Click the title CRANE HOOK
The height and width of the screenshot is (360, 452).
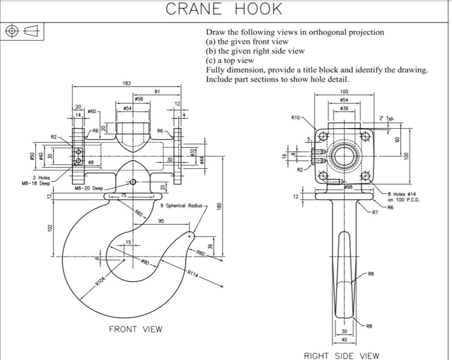pos(224,9)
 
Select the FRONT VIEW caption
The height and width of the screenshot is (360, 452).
pos(136,329)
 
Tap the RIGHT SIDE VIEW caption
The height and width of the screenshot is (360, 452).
pos(341,356)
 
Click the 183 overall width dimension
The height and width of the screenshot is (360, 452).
pos(127,83)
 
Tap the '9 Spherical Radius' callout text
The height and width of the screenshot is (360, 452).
pos(181,206)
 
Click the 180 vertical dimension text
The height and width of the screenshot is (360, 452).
pos(219,206)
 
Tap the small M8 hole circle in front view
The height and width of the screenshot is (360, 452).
pos(133,182)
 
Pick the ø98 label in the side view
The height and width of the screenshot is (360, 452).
pos(348,187)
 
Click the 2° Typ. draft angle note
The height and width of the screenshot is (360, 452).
pos(387,118)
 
